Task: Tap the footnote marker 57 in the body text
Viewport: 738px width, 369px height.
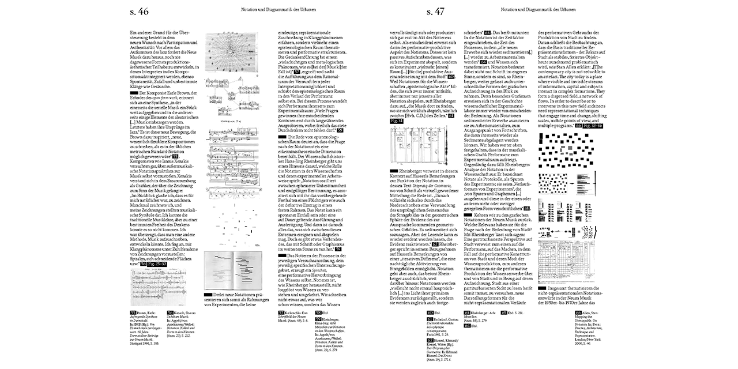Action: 298,71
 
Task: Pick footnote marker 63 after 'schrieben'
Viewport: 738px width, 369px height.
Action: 488,33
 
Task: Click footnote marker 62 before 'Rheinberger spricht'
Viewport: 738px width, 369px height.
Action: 436,244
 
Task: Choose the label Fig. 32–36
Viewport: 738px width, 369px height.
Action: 589,125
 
